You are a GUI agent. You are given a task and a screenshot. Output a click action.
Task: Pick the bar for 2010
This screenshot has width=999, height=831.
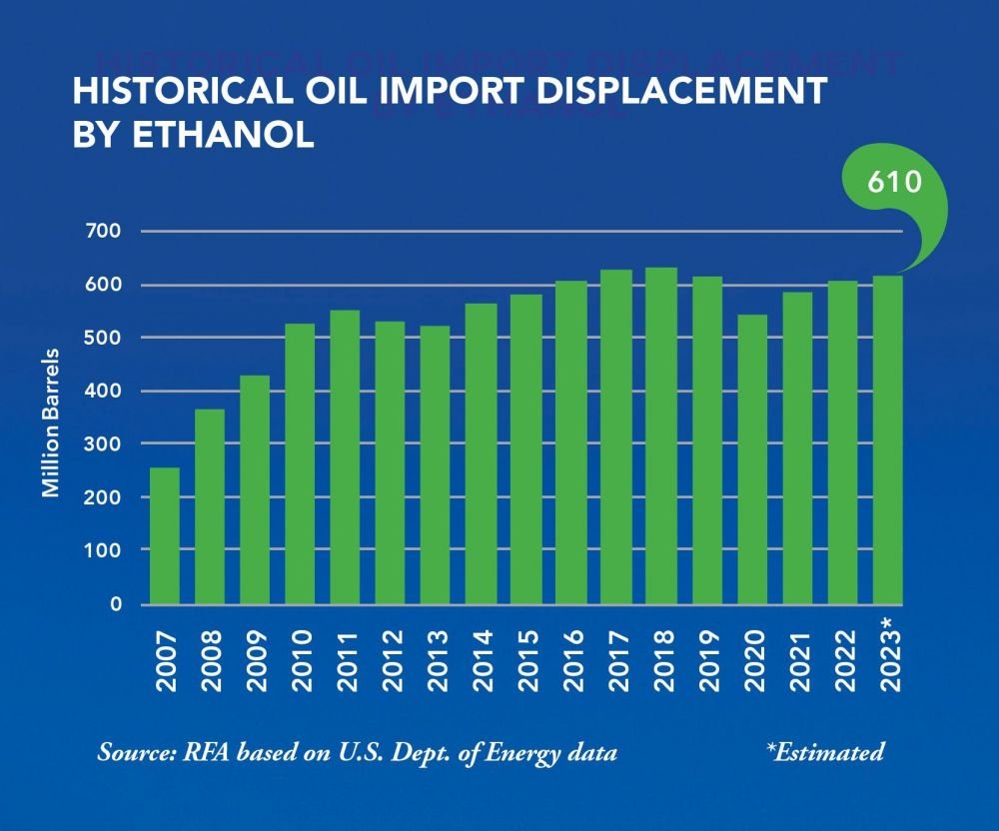point(300,464)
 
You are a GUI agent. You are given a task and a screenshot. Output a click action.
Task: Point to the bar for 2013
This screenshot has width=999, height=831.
point(436,465)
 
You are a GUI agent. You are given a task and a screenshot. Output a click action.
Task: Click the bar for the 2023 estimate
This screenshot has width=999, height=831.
point(888,440)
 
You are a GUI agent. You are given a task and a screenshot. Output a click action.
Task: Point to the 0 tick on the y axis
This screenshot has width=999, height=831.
point(116,604)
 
